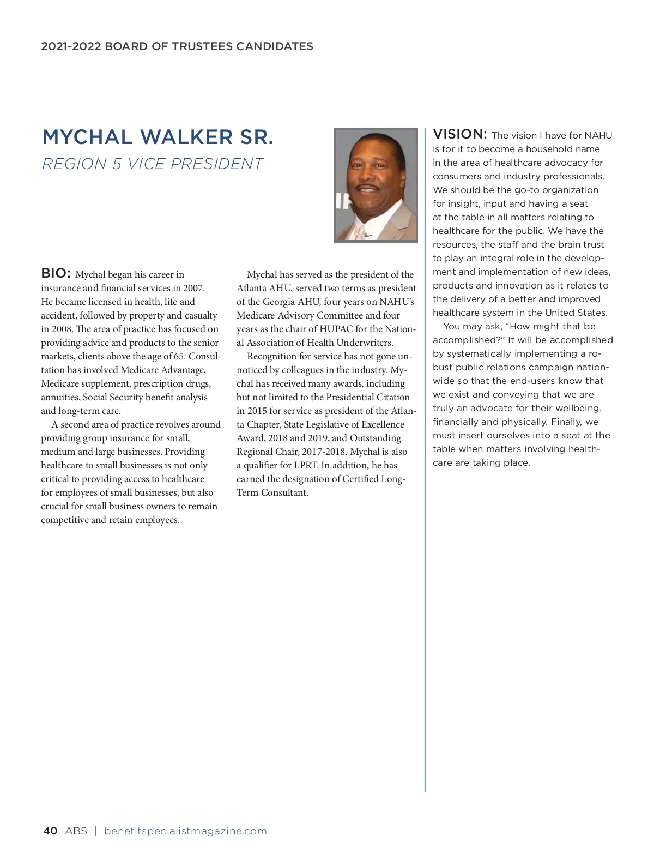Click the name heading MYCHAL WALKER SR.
(x=158, y=137)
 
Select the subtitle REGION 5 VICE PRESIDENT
(x=152, y=164)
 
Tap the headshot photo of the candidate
(x=376, y=185)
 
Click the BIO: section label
(x=56, y=273)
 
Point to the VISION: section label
(x=459, y=134)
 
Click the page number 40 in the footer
(x=50, y=831)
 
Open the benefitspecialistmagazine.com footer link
(x=185, y=831)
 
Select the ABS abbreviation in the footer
(x=76, y=831)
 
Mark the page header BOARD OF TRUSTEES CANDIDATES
(x=208, y=46)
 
